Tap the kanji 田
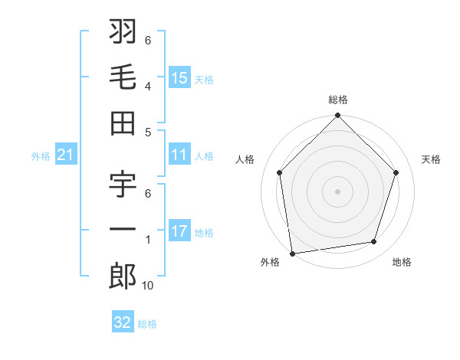[x=123, y=122]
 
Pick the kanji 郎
[x=123, y=276]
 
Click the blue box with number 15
[x=179, y=77]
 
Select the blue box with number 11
[x=179, y=155]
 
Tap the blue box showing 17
[x=179, y=231]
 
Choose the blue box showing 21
[x=66, y=155]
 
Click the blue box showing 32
[x=123, y=322]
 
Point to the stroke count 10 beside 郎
[x=148, y=286]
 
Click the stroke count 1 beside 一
[x=148, y=240]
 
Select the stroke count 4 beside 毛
[x=148, y=86]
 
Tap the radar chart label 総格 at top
[x=338, y=100]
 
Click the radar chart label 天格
[x=431, y=159]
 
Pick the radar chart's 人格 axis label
[x=245, y=159]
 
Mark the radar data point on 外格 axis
[x=292, y=253]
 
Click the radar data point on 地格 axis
[x=374, y=242]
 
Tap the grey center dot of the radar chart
[x=338, y=191]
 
